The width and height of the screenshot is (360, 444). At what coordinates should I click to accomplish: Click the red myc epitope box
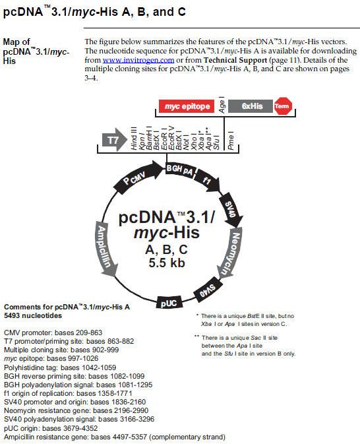pyautogui.click(x=187, y=106)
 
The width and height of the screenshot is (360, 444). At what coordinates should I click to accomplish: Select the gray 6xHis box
pyautogui.click(x=251, y=106)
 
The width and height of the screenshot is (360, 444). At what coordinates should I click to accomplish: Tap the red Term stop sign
pyautogui.click(x=283, y=106)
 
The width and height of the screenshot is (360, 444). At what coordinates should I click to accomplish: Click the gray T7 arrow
pyautogui.click(x=115, y=140)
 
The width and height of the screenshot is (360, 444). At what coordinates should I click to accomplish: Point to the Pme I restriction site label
pyautogui.click(x=231, y=141)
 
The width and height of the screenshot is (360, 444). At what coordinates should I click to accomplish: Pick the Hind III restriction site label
pyautogui.click(x=134, y=138)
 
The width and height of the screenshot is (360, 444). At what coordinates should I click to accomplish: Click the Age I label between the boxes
pyautogui.click(x=222, y=105)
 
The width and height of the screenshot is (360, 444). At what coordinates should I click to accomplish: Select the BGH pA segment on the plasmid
pyautogui.click(x=180, y=170)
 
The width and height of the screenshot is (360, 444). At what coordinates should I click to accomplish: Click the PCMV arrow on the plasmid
pyautogui.click(x=138, y=176)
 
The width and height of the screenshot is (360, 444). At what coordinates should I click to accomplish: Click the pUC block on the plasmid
pyautogui.click(x=169, y=303)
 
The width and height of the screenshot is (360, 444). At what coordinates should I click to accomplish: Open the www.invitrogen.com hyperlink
pyautogui.click(x=138, y=60)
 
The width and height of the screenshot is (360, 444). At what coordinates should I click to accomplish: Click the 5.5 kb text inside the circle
pyautogui.click(x=167, y=263)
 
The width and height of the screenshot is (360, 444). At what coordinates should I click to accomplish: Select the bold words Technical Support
pyautogui.click(x=235, y=60)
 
